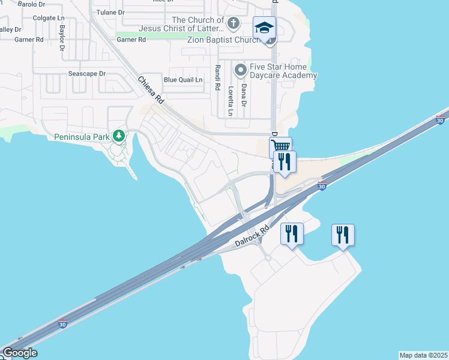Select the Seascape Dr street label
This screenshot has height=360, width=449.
86,74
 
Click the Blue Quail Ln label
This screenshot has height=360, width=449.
183,79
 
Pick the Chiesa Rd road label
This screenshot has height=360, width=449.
151,91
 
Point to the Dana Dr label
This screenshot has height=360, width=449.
244,95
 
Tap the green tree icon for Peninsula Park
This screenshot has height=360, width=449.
119,136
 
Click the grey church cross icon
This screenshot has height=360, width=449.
234,24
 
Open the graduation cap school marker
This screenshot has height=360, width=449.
264,28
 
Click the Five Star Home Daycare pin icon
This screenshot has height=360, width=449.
241,71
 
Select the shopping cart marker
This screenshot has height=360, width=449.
279,146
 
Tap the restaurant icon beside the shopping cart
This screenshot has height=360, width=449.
285,161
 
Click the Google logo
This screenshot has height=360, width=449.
20,353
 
